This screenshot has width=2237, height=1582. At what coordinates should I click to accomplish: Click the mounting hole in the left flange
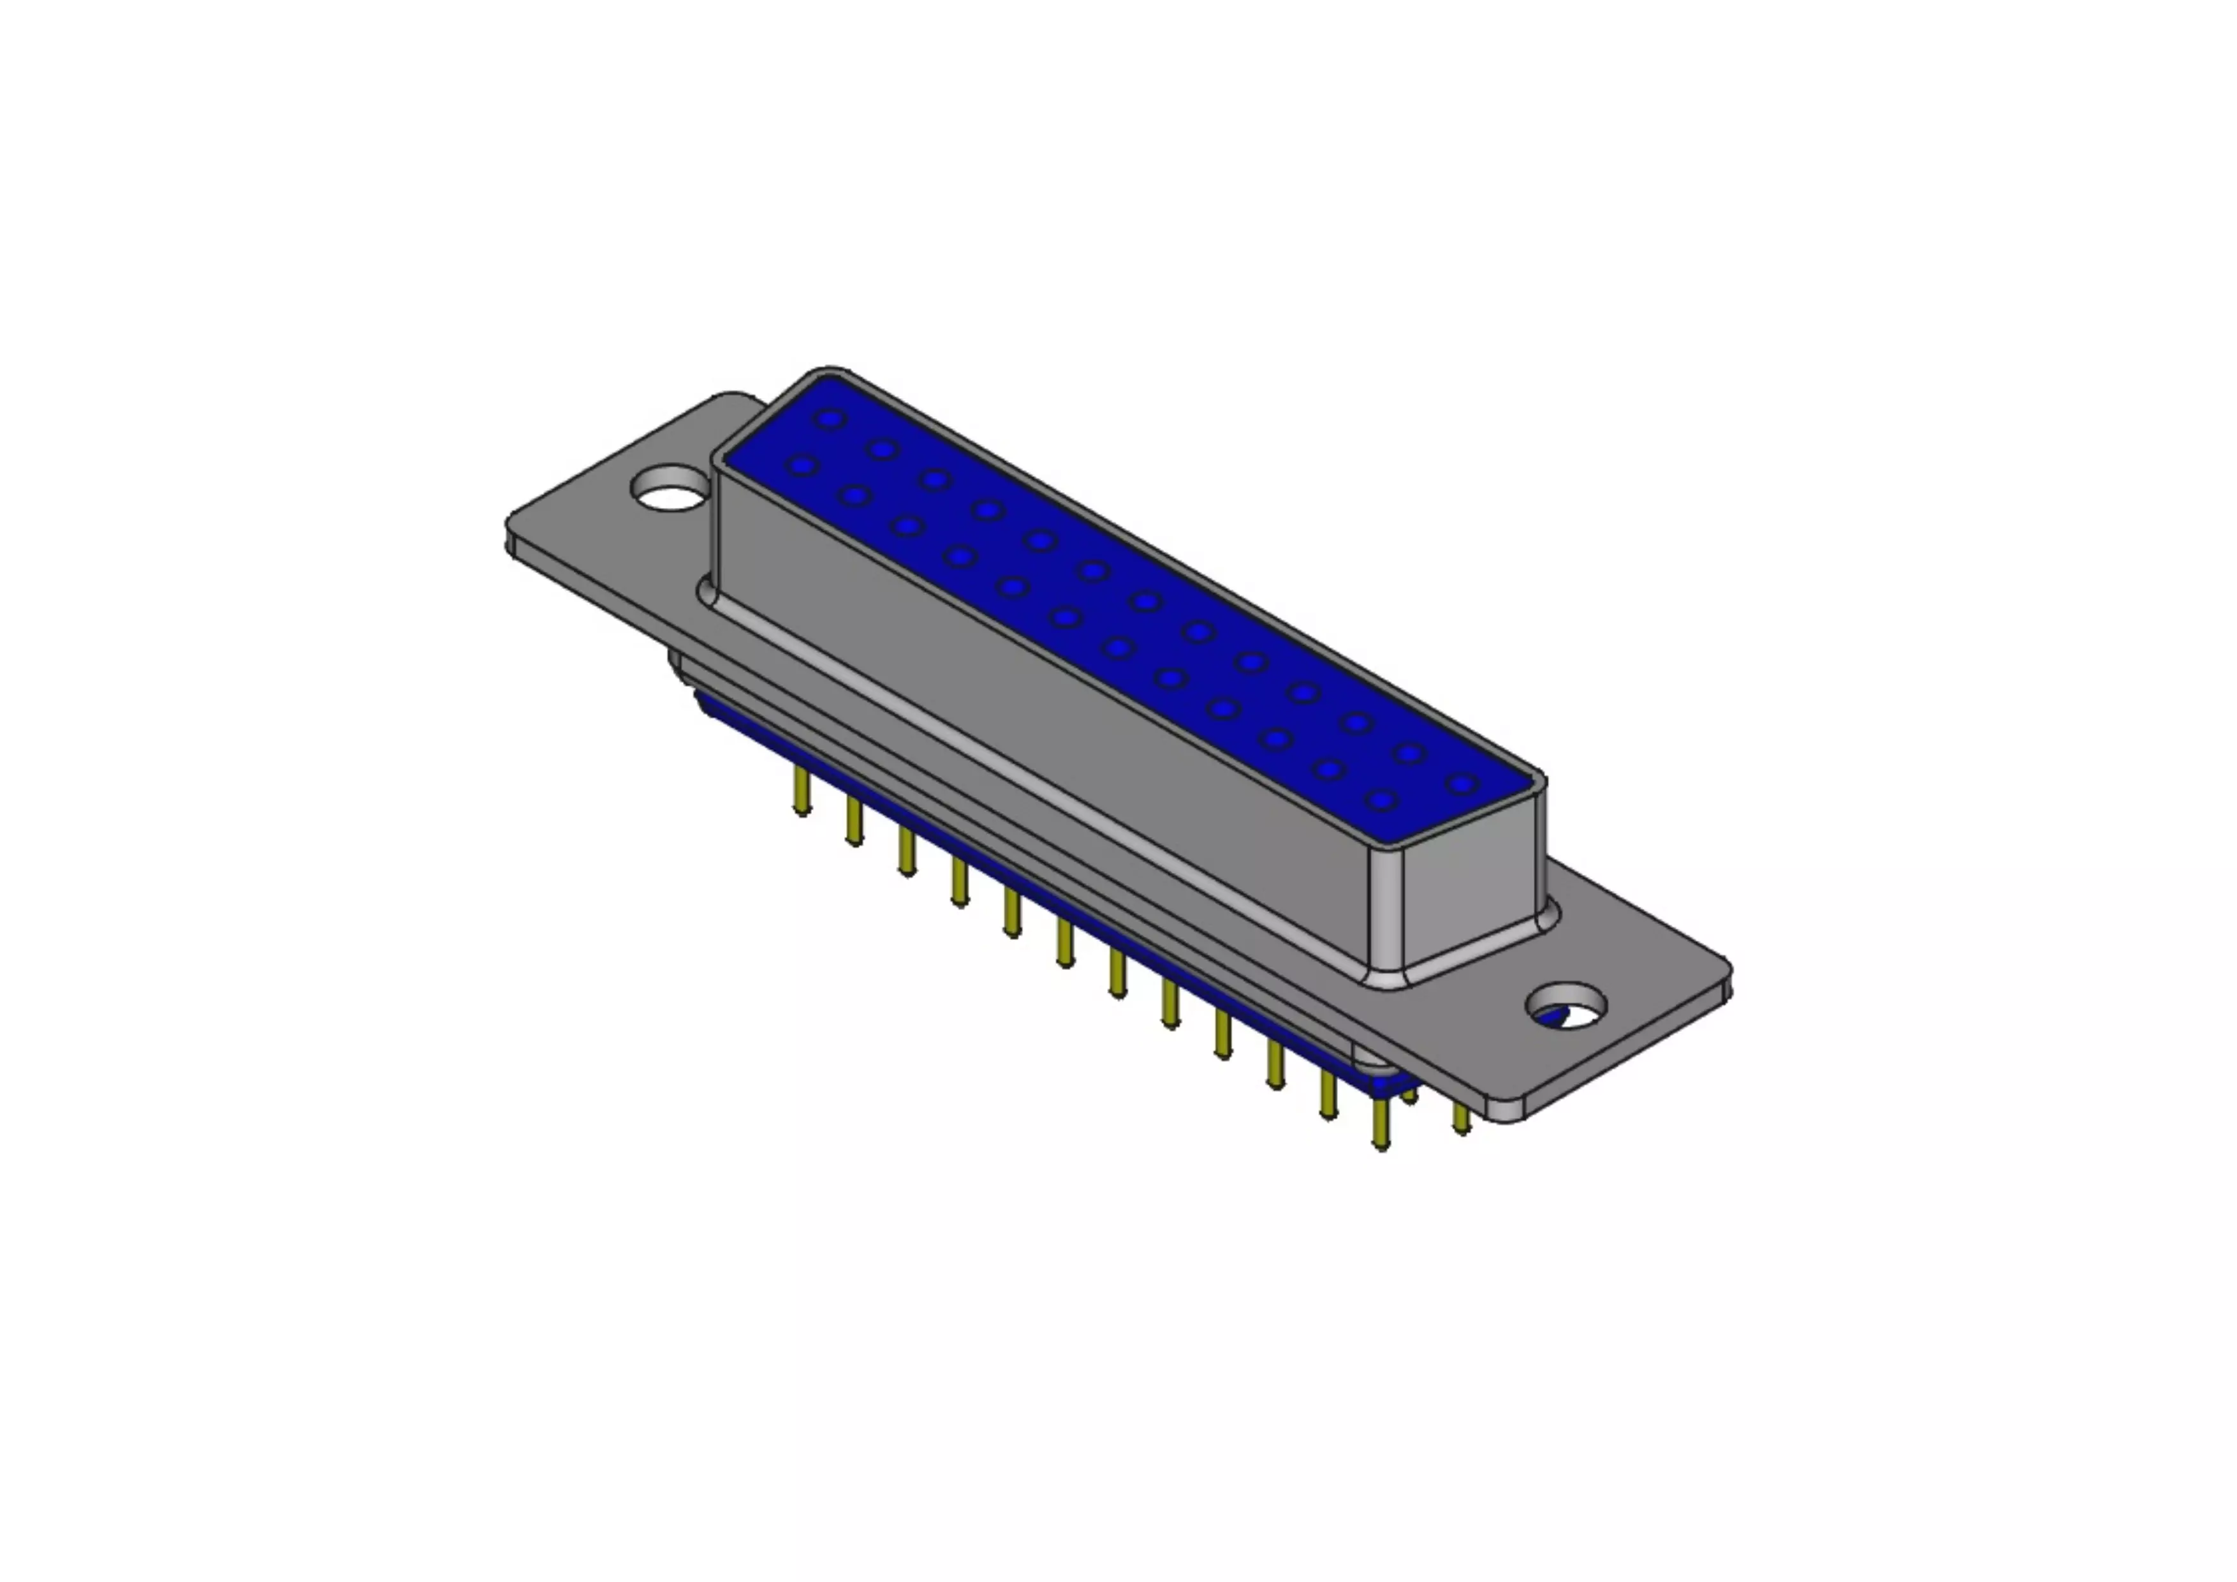pyautogui.click(x=670, y=489)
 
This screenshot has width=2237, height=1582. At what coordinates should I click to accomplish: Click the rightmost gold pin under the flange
pyautogui.click(x=1460, y=1118)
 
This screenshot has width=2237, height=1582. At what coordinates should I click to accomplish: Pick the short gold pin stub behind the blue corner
pyautogui.click(x=1409, y=1096)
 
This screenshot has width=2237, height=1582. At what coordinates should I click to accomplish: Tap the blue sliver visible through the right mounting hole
pyautogui.click(x=1550, y=1018)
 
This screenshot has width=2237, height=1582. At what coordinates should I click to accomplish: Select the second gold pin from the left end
pyautogui.click(x=854, y=822)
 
